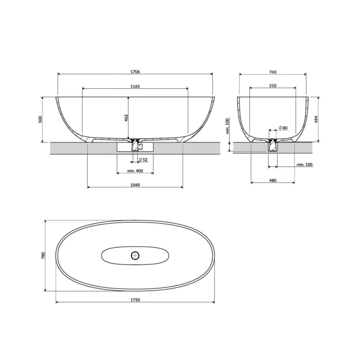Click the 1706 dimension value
135,72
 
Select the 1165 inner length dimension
135,86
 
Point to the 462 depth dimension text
126,118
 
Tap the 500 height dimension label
40,119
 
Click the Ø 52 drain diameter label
143,160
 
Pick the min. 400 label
135,171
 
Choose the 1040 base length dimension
135,185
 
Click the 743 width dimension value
273,72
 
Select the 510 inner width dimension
273,85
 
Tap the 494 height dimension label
316,119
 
